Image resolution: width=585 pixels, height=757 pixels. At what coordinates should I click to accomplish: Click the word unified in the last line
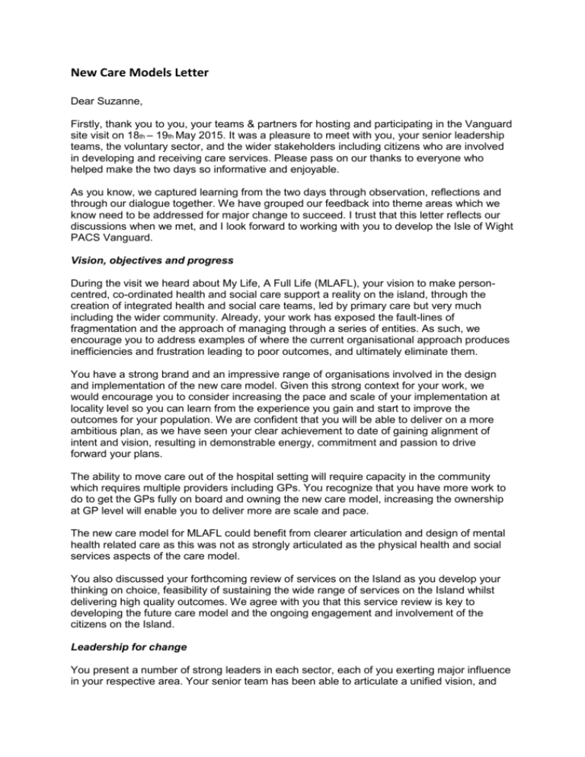[x=463, y=711]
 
